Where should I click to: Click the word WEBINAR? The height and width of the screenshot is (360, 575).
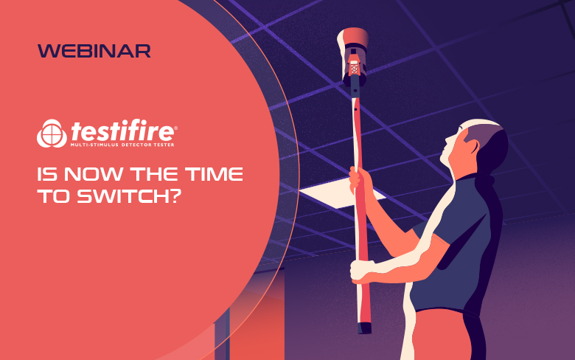pyautogui.click(x=94, y=51)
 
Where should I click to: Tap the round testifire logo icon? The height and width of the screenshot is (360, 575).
pyautogui.click(x=52, y=134)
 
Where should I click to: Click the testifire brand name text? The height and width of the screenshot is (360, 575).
pyautogui.click(x=122, y=131)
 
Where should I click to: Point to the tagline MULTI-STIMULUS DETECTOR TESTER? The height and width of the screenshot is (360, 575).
pyautogui.click(x=122, y=145)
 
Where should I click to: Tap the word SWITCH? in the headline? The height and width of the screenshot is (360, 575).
pyautogui.click(x=129, y=196)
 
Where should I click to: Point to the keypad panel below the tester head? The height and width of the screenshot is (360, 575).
pyautogui.click(x=354, y=69)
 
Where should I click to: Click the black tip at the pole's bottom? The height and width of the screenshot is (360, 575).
pyautogui.click(x=364, y=328)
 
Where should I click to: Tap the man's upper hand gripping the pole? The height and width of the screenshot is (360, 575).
pyautogui.click(x=360, y=180)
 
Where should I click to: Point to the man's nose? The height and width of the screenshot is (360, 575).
pyautogui.click(x=447, y=139)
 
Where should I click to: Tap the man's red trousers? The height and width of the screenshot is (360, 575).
pyautogui.click(x=442, y=335)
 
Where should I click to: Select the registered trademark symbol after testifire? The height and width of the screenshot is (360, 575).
pyautogui.click(x=175, y=128)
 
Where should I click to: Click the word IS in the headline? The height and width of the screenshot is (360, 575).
pyautogui.click(x=47, y=174)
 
